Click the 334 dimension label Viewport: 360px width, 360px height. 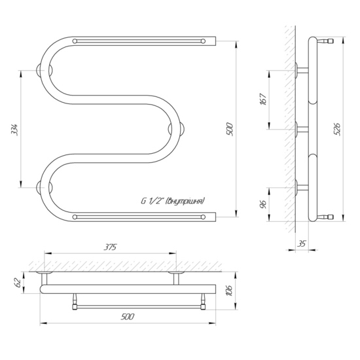(x=14, y=130)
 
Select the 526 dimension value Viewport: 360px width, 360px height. (x=338, y=129)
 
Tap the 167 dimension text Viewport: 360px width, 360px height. (x=263, y=99)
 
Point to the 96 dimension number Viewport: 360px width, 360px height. (x=263, y=204)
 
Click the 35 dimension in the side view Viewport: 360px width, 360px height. (x=302, y=244)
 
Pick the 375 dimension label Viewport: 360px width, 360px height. (x=111, y=247)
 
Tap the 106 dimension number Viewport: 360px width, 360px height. (x=230, y=291)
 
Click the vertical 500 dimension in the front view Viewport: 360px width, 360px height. (x=230, y=130)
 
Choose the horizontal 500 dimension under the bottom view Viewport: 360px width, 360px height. (x=127, y=317)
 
